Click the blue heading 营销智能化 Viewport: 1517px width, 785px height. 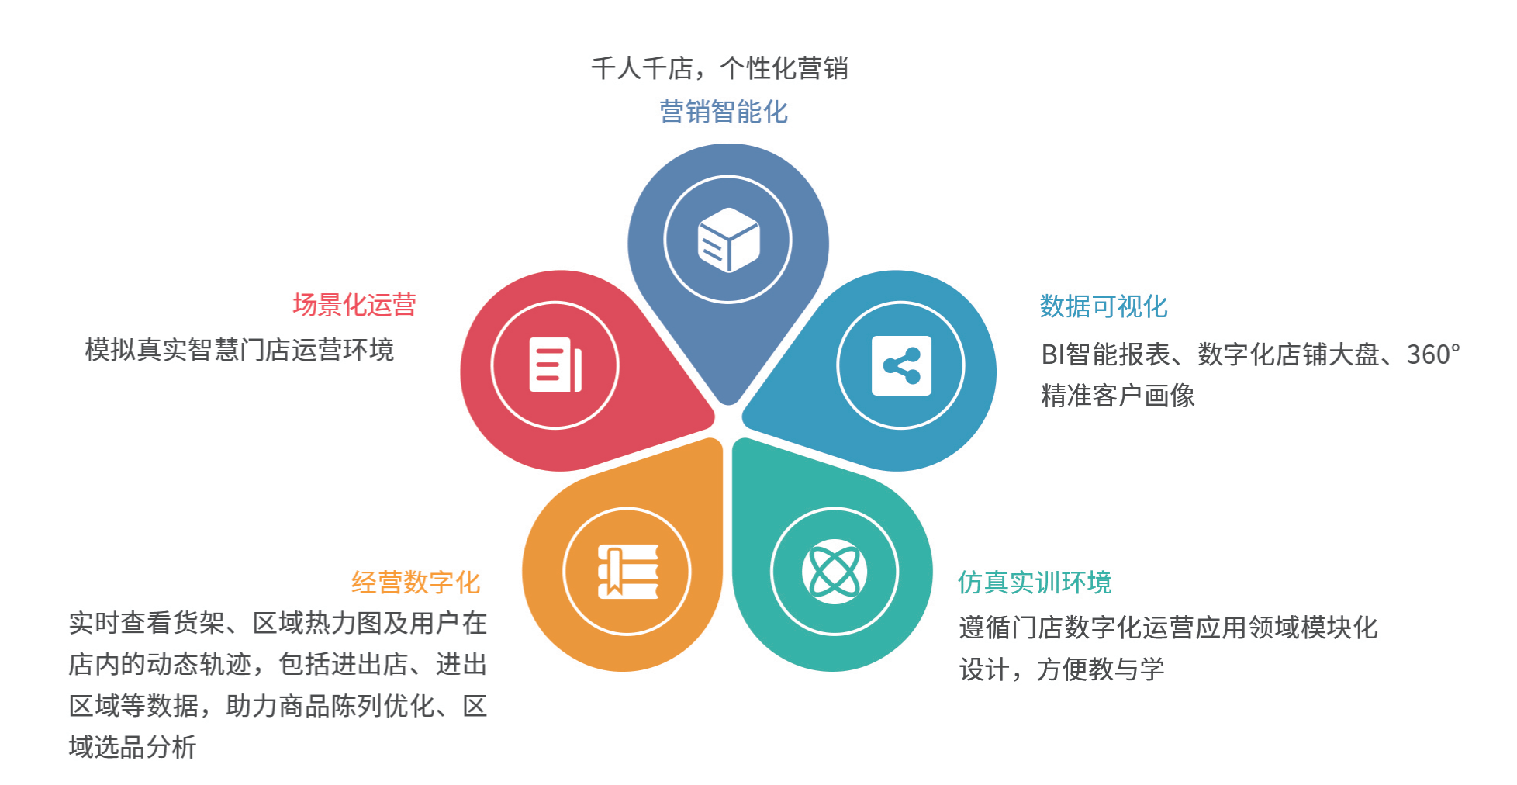click(724, 112)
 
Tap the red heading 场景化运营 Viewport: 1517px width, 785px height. click(354, 304)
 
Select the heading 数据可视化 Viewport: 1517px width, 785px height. click(1104, 306)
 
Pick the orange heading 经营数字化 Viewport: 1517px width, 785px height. click(416, 582)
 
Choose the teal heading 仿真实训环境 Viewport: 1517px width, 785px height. click(1035, 582)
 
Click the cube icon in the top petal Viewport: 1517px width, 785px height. click(728, 240)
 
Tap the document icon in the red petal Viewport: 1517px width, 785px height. click(555, 365)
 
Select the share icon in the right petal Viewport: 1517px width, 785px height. click(901, 365)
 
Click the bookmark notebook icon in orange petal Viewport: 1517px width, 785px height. click(627, 572)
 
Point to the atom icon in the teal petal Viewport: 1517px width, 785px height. click(835, 572)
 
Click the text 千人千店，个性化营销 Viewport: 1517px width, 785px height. click(720, 68)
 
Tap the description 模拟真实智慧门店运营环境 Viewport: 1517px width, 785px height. click(240, 350)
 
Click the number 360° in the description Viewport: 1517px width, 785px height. click(1433, 354)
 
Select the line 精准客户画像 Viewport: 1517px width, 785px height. click(1118, 396)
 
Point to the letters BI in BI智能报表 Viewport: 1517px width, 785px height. click(1053, 354)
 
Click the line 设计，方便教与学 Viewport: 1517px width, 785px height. click(1062, 669)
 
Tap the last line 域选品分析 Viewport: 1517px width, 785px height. click(133, 747)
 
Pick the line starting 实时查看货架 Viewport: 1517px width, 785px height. click(278, 623)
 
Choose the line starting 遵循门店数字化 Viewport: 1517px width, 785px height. click(1168, 627)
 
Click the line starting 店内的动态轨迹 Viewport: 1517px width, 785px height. click(278, 664)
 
